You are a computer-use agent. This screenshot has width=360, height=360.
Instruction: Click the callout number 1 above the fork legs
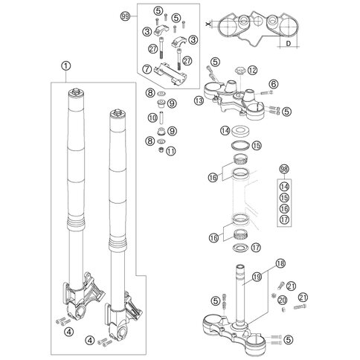click(x=65, y=66)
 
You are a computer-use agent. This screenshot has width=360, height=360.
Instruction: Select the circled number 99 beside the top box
click(x=126, y=16)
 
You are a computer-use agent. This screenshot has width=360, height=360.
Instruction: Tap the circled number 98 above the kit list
click(x=284, y=170)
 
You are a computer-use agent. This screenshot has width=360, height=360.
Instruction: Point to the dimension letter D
click(x=289, y=44)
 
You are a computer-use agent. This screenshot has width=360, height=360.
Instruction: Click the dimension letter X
click(x=208, y=24)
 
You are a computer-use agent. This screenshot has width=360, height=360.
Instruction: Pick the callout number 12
click(x=252, y=71)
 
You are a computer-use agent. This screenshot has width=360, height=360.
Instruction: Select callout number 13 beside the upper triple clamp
click(x=199, y=100)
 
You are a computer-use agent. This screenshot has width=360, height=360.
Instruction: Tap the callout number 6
click(x=274, y=84)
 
